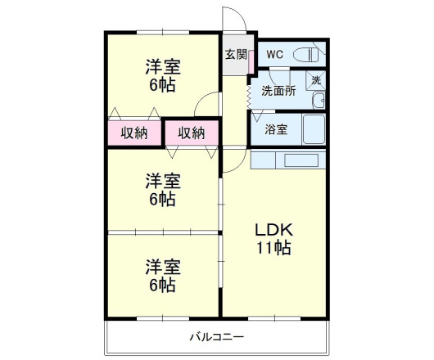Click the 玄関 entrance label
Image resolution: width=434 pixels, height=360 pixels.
(x=235, y=55)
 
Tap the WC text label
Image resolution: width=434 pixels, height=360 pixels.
(x=275, y=54)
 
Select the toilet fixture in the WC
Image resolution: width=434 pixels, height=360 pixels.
(x=307, y=55)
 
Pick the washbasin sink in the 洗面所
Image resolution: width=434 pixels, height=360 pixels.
(x=319, y=101)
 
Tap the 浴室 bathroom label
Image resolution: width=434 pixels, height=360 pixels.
(x=276, y=129)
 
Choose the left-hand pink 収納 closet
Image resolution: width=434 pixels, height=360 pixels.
(x=134, y=133)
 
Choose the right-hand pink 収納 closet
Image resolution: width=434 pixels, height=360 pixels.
(x=192, y=133)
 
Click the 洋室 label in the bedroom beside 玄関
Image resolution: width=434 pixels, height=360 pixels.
(x=163, y=67)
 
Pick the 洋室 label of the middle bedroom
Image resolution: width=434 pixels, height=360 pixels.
(x=163, y=179)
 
